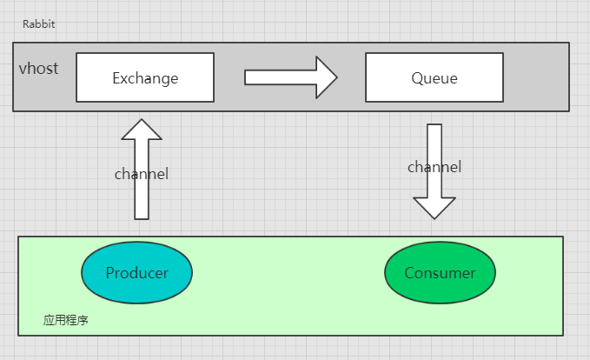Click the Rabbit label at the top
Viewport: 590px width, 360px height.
tap(39, 24)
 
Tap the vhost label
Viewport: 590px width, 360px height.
tap(39, 69)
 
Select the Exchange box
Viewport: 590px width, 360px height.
tap(145, 77)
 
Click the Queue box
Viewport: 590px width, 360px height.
tap(434, 77)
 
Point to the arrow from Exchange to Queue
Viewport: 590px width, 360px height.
tap(290, 77)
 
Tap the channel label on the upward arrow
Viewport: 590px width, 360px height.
tap(142, 174)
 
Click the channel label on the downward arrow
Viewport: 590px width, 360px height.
tap(434, 167)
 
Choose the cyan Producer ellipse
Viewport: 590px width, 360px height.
tap(137, 273)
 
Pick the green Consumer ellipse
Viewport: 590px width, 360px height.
tap(440, 273)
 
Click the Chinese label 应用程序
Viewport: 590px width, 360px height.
tap(66, 320)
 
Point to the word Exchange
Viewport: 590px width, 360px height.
tap(145, 78)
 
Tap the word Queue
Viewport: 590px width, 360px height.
tap(434, 78)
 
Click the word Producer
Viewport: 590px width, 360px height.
tap(137, 273)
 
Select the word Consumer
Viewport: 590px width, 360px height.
tap(440, 273)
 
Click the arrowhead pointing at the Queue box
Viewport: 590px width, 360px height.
tap(327, 77)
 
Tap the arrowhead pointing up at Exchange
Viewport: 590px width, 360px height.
tap(142, 130)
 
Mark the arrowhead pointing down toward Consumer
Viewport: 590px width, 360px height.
tap(434, 208)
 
